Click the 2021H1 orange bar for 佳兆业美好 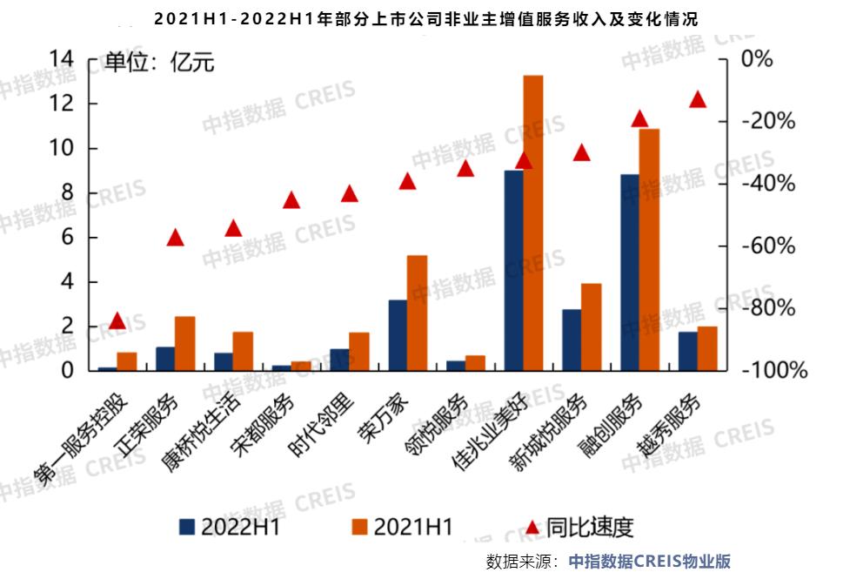(x=532, y=223)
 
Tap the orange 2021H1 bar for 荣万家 (x=417, y=313)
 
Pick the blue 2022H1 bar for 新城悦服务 (x=572, y=340)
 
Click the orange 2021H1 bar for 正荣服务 (x=184, y=343)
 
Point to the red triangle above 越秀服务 (x=697, y=99)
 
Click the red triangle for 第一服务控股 (x=117, y=321)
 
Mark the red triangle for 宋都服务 (x=291, y=200)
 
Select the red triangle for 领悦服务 (x=465, y=168)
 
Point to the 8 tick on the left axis (x=70, y=193)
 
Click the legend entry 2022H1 (x=230, y=527)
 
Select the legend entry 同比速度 (x=579, y=527)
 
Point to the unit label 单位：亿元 (x=159, y=62)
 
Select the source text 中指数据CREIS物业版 (x=649, y=562)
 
